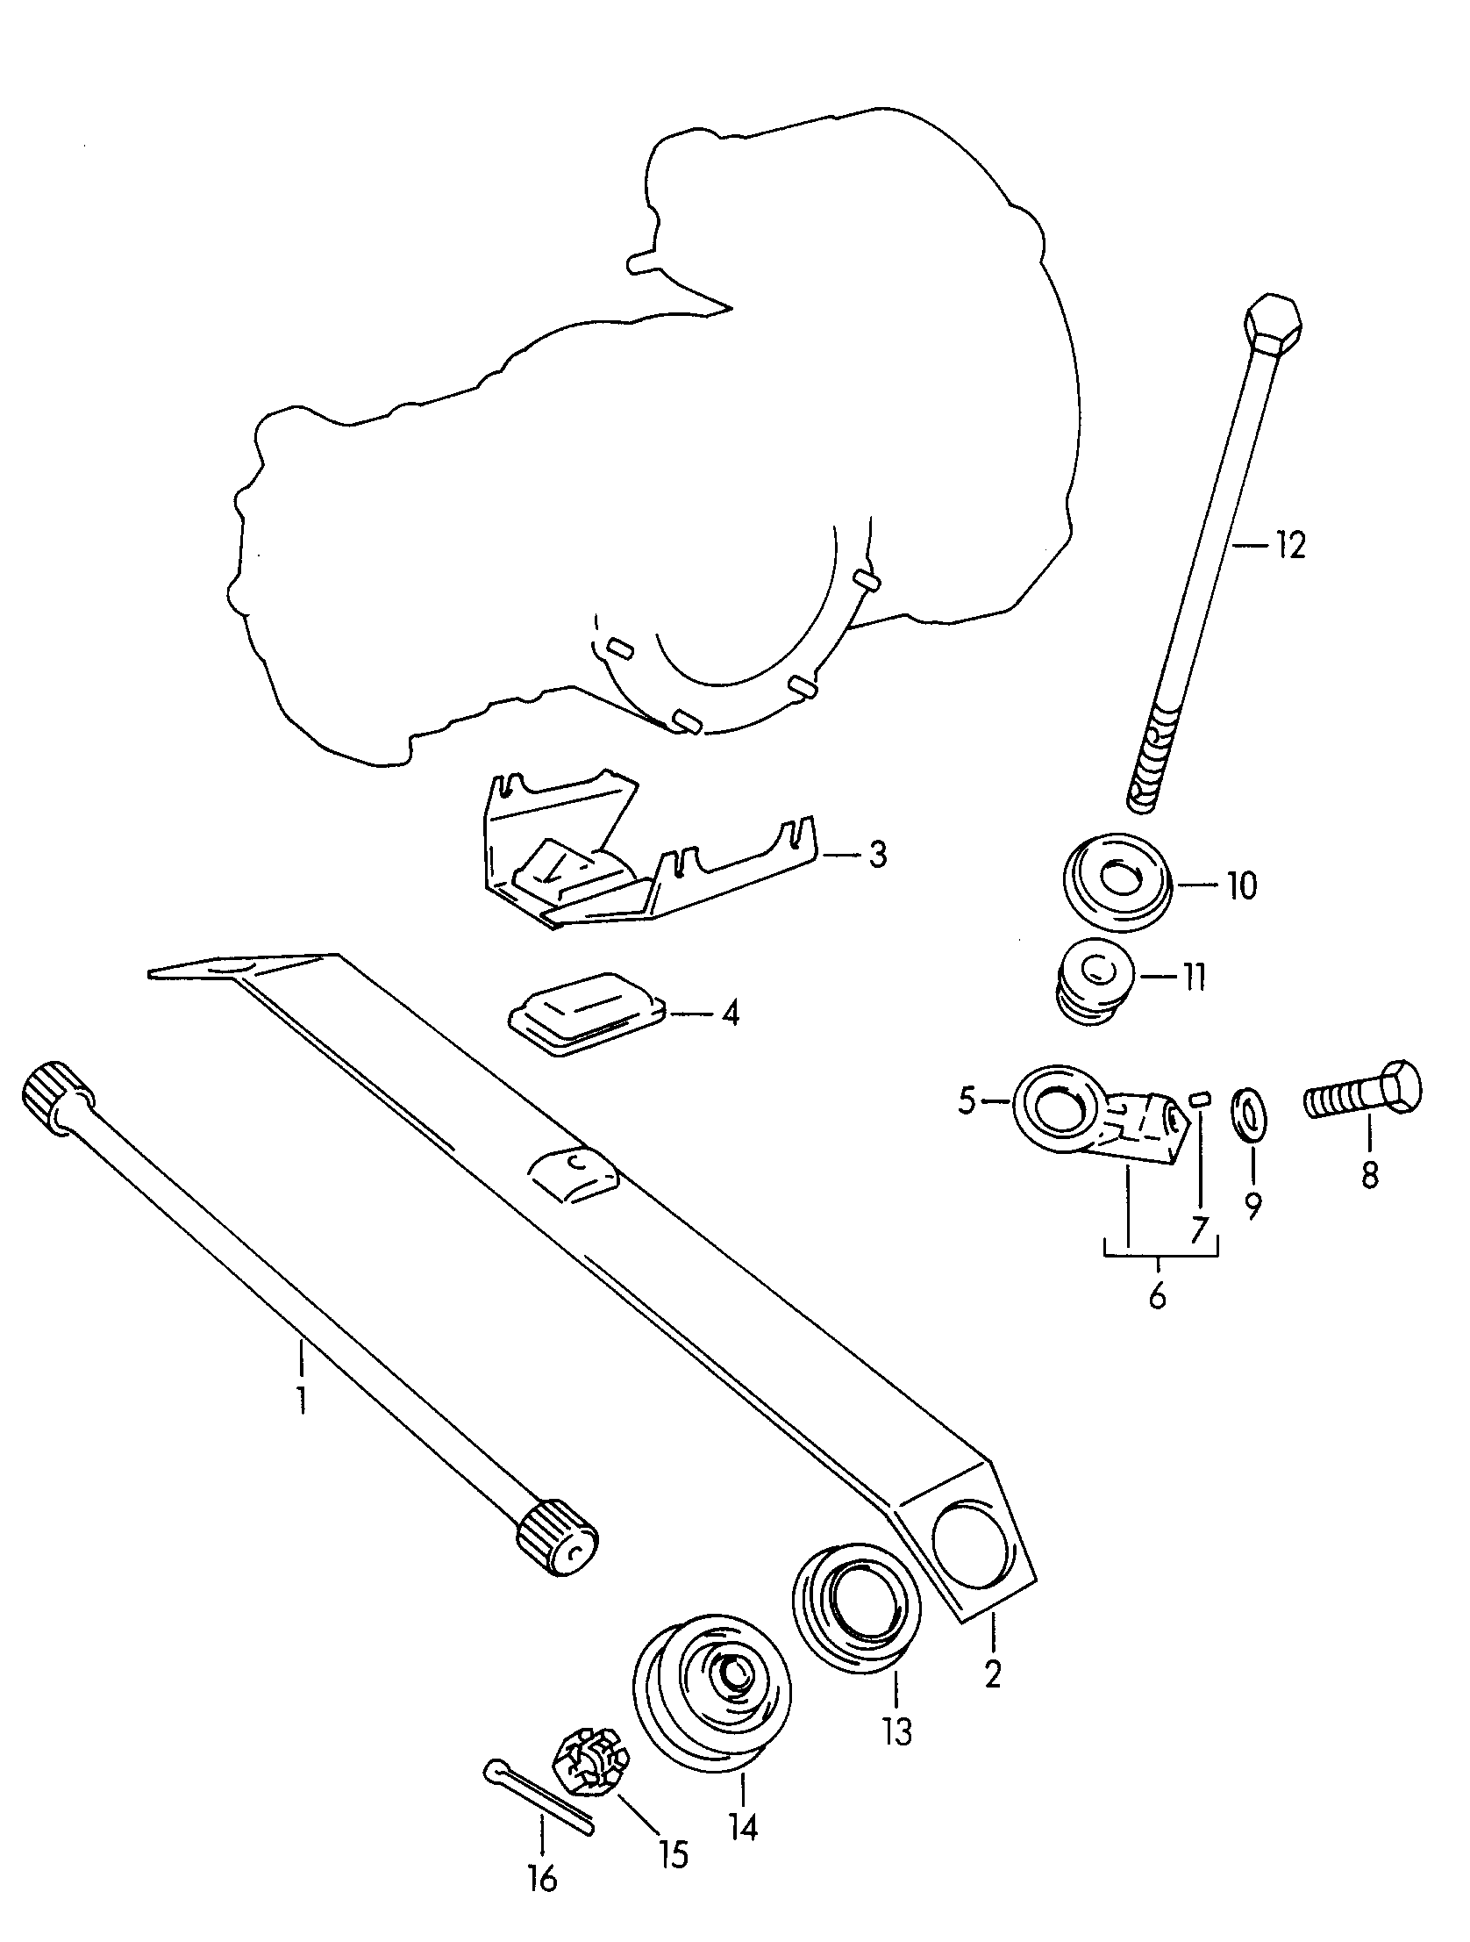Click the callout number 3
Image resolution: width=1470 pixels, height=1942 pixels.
(x=879, y=854)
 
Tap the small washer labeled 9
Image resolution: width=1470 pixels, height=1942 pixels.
(x=1252, y=1114)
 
